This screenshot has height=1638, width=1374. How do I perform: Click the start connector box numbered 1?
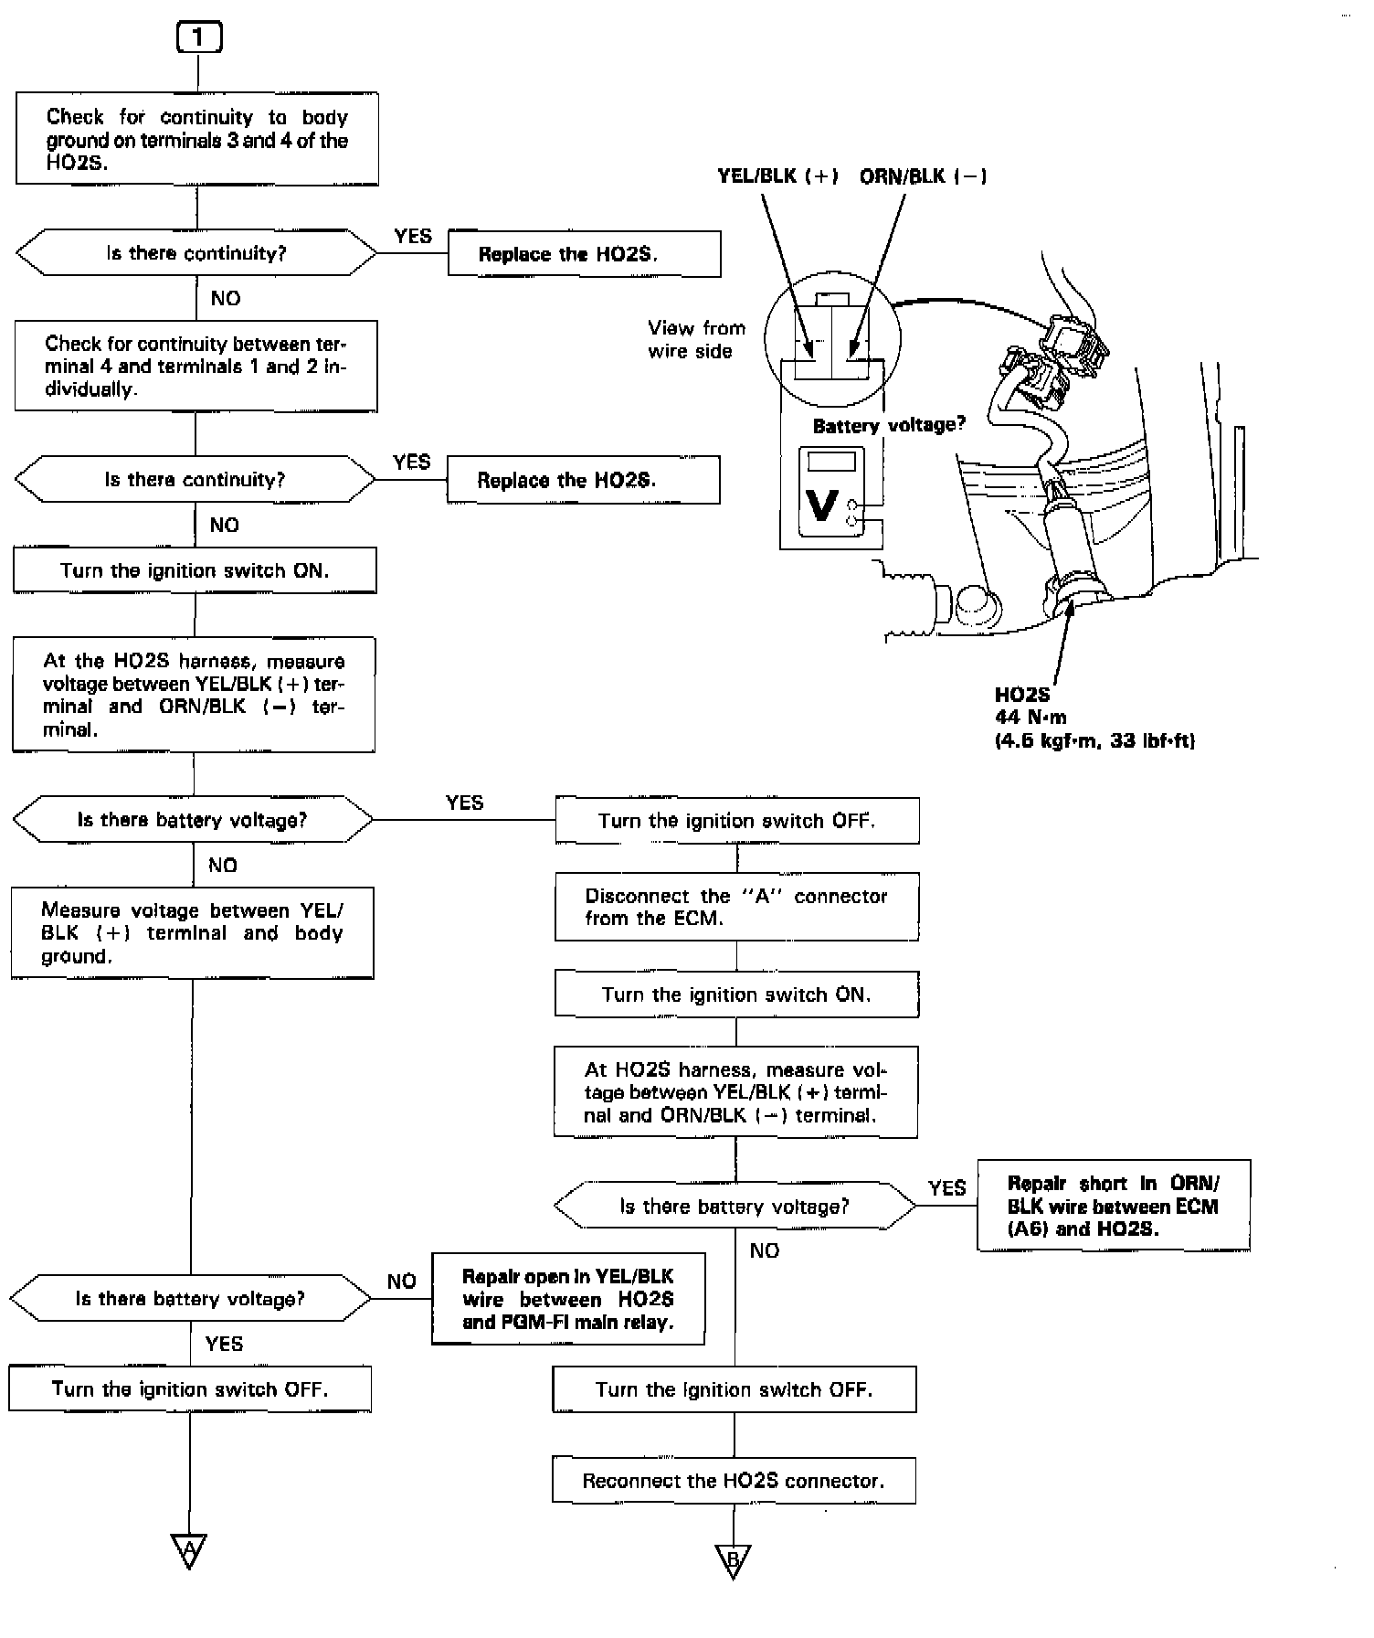pyautogui.click(x=198, y=37)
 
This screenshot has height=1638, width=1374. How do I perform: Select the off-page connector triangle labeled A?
pyautogui.click(x=189, y=1548)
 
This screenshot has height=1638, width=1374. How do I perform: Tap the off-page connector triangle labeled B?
pyautogui.click(x=733, y=1558)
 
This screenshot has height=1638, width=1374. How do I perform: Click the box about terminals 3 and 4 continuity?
pyautogui.click(x=197, y=139)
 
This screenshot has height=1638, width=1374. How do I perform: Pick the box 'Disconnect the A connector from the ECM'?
pyautogui.click(x=736, y=907)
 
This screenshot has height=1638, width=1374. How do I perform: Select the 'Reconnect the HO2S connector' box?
pyautogui.click(x=734, y=1481)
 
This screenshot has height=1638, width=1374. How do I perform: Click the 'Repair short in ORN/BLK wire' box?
pyautogui.click(x=1113, y=1206)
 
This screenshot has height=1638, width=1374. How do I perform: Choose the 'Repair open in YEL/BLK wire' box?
pyautogui.click(x=568, y=1299)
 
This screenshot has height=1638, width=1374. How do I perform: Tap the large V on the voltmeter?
pyautogui.click(x=822, y=505)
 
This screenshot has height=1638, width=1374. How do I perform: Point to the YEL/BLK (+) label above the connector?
pyautogui.click(x=777, y=176)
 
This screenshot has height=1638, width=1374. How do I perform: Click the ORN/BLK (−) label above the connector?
pyautogui.click(x=923, y=176)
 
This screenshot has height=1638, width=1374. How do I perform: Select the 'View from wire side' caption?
pyautogui.click(x=696, y=339)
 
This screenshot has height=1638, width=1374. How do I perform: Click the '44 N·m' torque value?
pyautogui.click(x=1030, y=718)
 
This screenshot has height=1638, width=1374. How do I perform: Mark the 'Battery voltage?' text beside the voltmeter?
pyautogui.click(x=888, y=425)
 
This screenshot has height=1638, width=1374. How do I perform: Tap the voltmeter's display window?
pyautogui.click(x=831, y=460)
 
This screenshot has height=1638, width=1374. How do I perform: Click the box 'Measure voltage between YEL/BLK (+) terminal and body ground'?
pyautogui.click(x=192, y=933)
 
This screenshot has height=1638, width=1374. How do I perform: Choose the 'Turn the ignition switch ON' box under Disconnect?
pyautogui.click(x=736, y=994)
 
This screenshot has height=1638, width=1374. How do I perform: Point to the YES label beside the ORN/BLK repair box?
pyautogui.click(x=946, y=1187)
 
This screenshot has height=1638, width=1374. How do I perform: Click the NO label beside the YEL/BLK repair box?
pyautogui.click(x=401, y=1282)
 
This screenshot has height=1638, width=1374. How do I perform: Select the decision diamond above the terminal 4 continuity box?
pyautogui.click(x=196, y=253)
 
